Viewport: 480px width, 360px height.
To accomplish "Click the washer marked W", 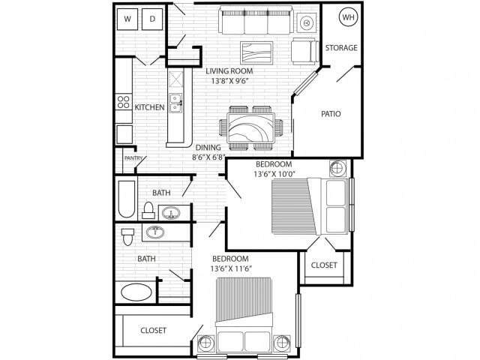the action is click(127, 19).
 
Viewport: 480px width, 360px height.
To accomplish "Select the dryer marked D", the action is click(152, 19).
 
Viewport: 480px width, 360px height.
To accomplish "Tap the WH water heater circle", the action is click(348, 17).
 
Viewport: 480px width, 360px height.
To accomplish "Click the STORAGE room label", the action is click(341, 48).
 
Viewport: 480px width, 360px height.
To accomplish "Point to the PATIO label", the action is click(331, 114).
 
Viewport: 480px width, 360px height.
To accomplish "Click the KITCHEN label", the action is click(150, 107).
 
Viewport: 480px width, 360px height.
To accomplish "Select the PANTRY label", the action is click(133, 158).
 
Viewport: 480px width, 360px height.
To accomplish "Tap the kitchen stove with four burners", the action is click(124, 102).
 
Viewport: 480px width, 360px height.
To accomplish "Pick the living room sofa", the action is click(256, 20).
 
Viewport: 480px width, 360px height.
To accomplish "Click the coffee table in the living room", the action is click(256, 53).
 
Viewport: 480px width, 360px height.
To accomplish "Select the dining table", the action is click(251, 127).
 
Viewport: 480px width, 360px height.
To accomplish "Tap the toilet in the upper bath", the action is click(148, 210).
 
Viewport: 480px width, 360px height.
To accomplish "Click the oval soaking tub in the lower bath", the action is click(136, 292).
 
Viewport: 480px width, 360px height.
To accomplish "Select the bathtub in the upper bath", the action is click(127, 199).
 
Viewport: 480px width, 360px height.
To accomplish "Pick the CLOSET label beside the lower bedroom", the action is click(153, 331).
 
